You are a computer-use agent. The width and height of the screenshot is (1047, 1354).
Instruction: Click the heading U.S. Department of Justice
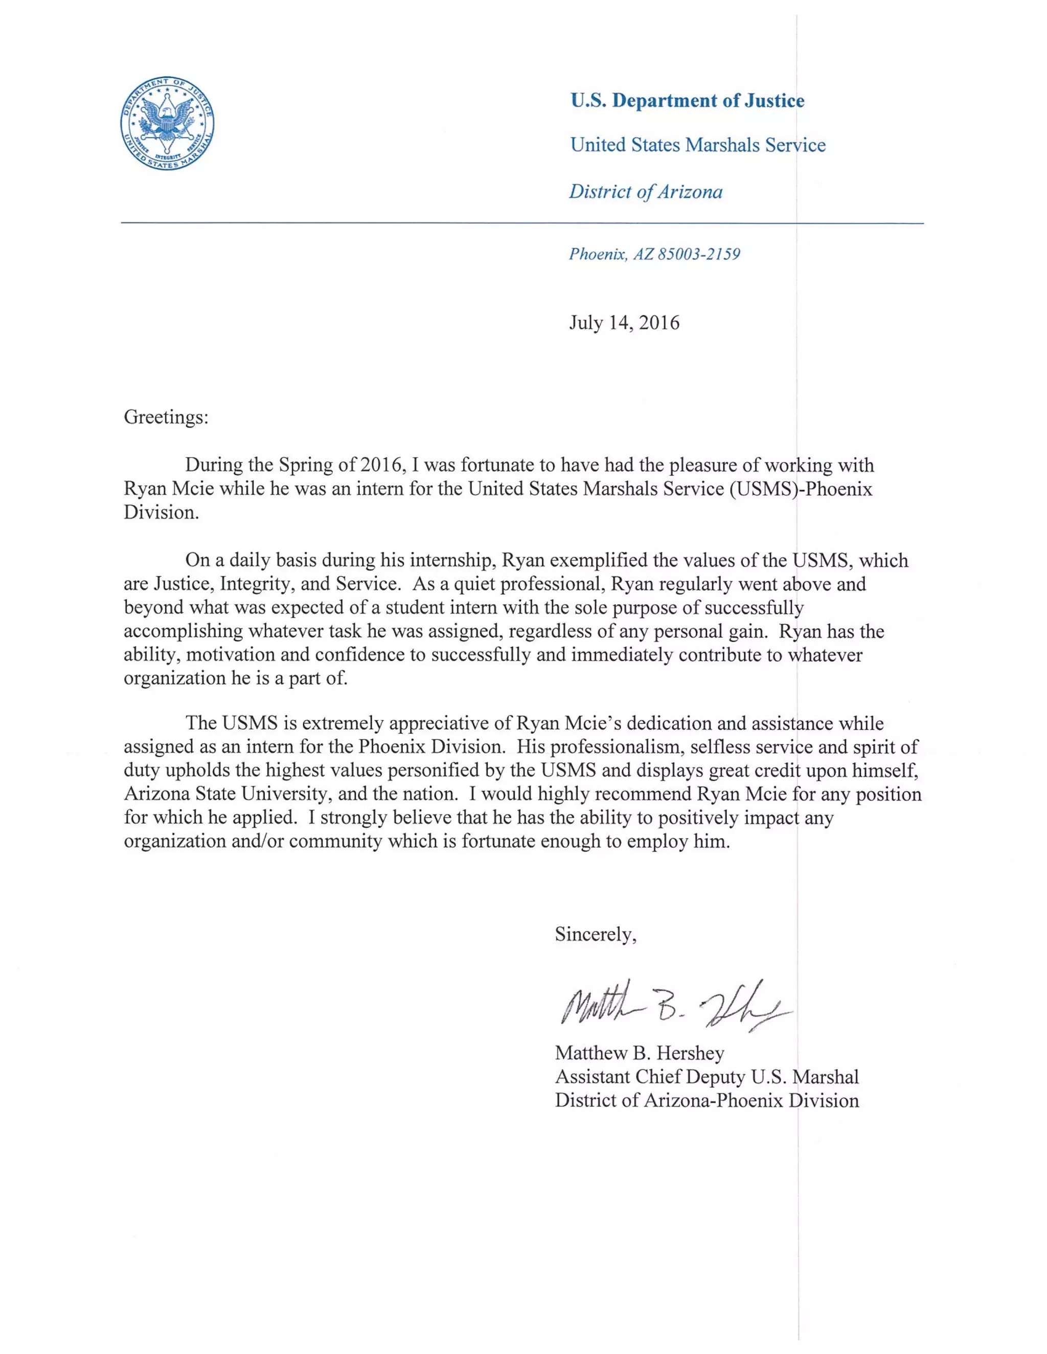687,101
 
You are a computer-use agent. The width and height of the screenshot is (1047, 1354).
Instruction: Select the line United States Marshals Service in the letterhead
698,145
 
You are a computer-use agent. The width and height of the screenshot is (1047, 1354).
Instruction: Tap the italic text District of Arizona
646,192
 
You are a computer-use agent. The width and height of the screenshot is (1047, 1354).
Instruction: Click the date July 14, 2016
624,322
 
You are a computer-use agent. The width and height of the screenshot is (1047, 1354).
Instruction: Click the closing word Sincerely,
596,935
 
